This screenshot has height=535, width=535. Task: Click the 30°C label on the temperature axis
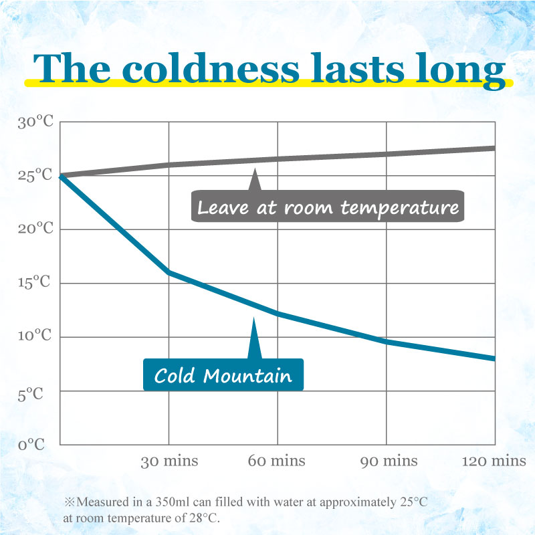35,122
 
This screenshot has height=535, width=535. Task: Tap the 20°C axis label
35,229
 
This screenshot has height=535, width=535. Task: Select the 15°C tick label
35,284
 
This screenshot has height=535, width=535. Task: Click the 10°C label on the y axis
35,337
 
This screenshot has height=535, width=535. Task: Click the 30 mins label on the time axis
169,461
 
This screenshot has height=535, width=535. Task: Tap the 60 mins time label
277,461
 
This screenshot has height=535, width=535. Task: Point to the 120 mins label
494,461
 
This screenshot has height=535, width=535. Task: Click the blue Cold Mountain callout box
223,375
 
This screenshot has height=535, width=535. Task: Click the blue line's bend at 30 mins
169,272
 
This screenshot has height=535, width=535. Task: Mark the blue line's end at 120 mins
494,358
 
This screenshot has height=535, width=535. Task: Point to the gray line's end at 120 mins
494,148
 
